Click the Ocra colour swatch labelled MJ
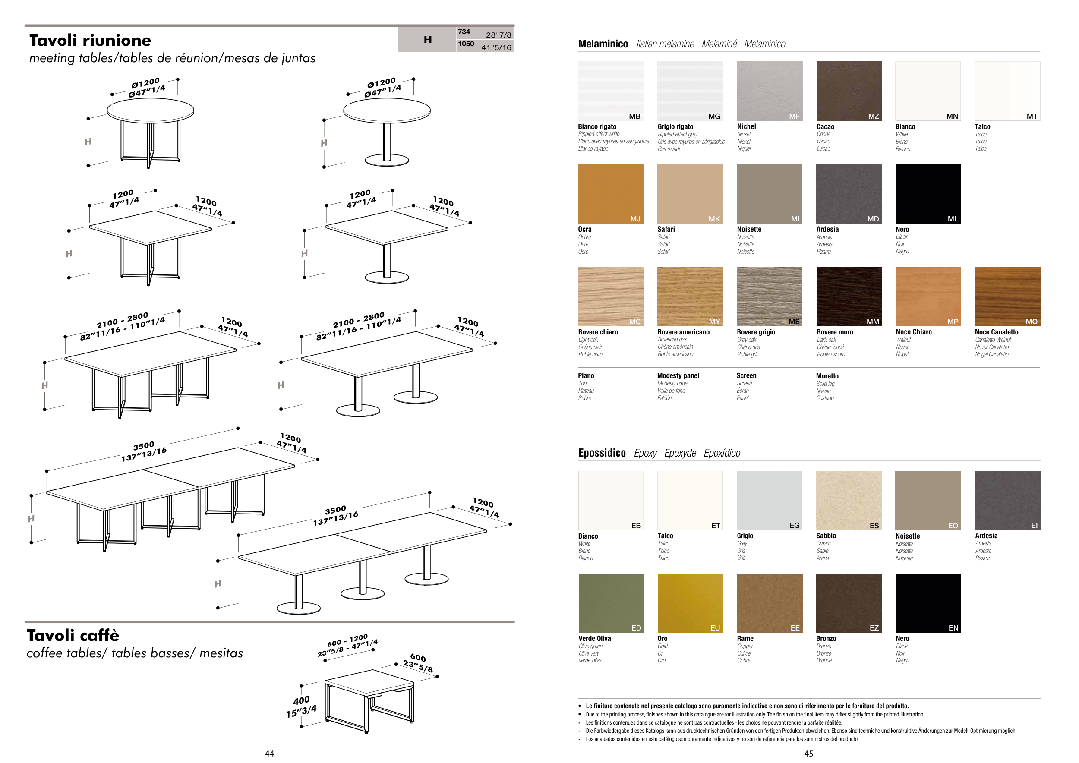(610, 194)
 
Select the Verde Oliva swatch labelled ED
(610, 603)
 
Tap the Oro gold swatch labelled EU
(689, 603)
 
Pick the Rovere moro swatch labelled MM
(849, 296)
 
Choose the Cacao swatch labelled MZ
(849, 91)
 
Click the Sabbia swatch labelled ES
(849, 500)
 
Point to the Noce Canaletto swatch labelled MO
(1007, 296)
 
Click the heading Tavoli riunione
(90, 41)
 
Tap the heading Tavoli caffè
(73, 635)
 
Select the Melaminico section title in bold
(603, 44)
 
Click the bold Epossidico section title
(602, 453)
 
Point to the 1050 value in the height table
(466, 44)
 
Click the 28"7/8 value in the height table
(498, 35)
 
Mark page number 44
(269, 754)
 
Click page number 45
(808, 754)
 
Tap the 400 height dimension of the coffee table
(301, 700)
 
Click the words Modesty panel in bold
(678, 376)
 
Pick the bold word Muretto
(827, 376)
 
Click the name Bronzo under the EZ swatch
(826, 639)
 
